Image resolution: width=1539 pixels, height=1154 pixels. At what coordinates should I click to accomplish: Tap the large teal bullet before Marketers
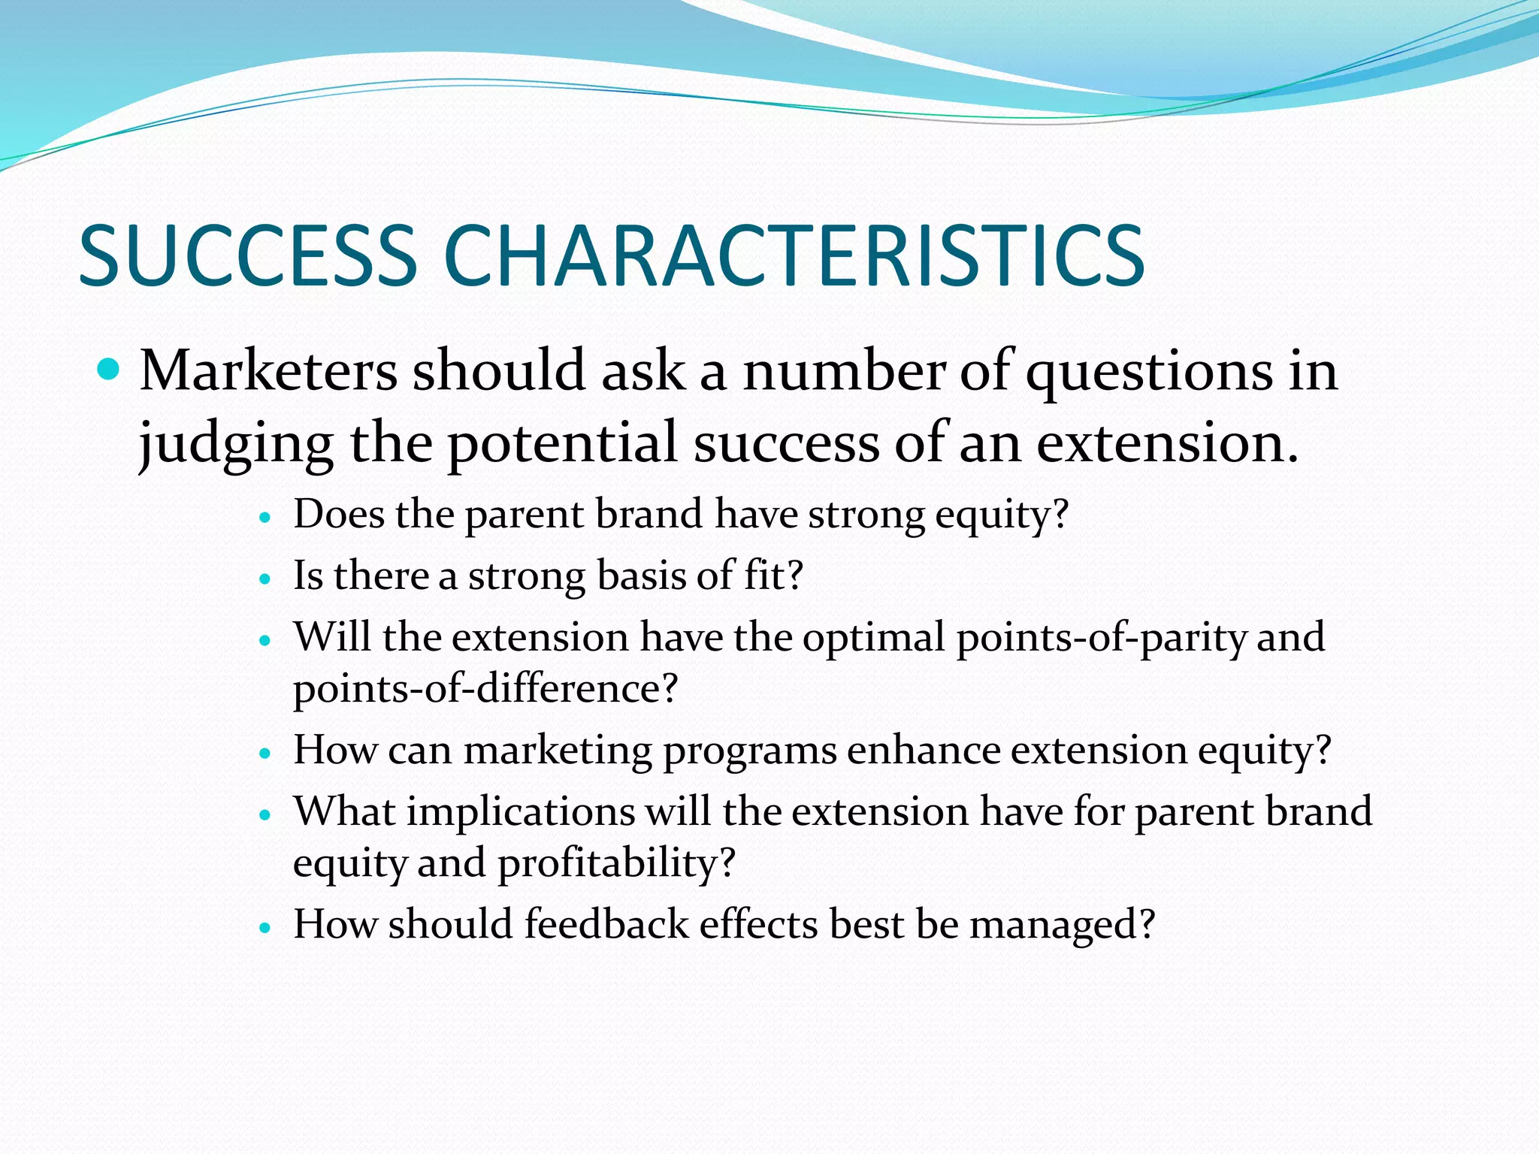click(110, 370)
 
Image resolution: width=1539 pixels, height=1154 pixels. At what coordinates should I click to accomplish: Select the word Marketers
click(268, 371)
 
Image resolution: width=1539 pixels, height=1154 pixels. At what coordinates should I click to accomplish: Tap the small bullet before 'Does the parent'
click(264, 518)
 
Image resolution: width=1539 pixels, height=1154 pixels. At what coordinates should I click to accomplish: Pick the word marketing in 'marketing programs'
click(558, 751)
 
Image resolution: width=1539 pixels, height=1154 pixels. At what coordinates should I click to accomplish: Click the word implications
click(521, 812)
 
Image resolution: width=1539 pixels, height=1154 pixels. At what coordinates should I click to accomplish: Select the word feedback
click(606, 924)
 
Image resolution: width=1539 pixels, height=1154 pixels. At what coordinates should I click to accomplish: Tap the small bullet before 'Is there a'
click(264, 580)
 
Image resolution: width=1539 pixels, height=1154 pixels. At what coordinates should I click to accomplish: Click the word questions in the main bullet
click(1149, 373)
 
